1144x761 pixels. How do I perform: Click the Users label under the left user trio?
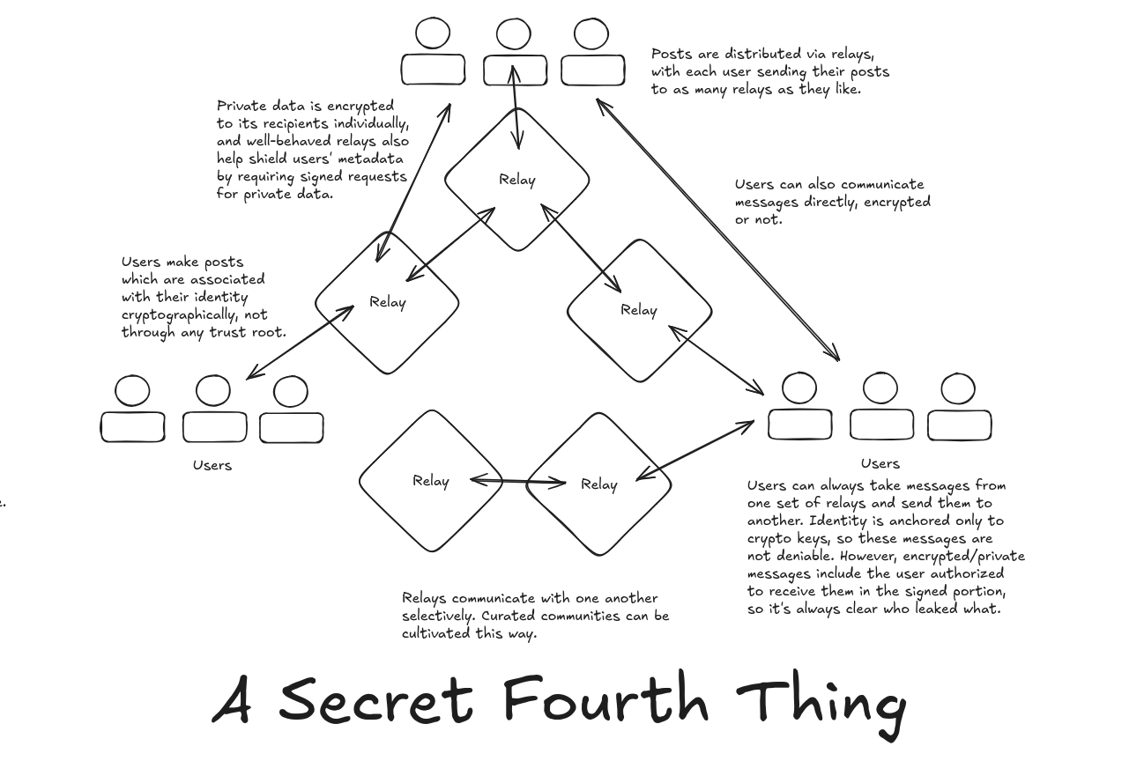pyautogui.click(x=212, y=465)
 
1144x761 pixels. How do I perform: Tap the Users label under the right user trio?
pyautogui.click(x=880, y=463)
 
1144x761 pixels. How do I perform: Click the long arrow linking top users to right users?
pyautogui.click(x=717, y=231)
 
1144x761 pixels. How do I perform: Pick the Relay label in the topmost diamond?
pyautogui.click(x=517, y=180)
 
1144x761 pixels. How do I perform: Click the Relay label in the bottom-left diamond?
pyautogui.click(x=431, y=481)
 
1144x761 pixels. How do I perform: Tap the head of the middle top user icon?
pyautogui.click(x=514, y=35)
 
